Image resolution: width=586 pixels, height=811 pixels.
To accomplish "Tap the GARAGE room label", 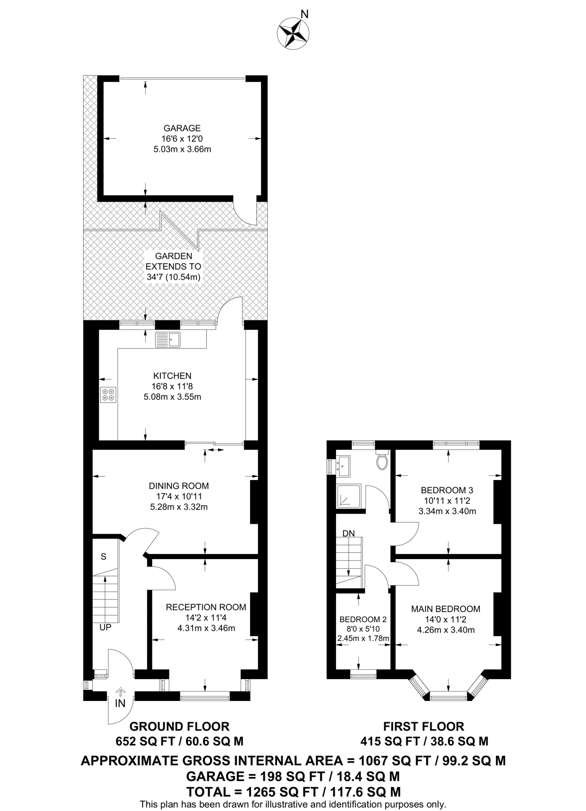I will click(x=182, y=128).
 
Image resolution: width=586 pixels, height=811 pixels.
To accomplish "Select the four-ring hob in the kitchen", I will click(x=108, y=394).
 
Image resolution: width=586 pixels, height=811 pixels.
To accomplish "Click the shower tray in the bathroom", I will click(x=348, y=496).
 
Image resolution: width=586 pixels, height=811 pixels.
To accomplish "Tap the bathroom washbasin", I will click(x=343, y=466).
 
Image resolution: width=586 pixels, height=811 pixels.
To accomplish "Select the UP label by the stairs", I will click(x=105, y=627).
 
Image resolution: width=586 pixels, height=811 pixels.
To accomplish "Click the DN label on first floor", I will click(x=349, y=533).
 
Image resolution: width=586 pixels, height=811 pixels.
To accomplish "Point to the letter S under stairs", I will click(x=103, y=556).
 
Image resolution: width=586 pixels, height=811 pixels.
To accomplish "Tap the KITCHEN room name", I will click(x=172, y=375).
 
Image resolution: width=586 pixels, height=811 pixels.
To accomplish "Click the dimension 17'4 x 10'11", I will click(x=179, y=496).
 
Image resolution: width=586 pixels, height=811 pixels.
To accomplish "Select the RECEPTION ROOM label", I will click(x=206, y=607).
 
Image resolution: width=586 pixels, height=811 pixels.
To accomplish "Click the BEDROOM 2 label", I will click(x=363, y=619).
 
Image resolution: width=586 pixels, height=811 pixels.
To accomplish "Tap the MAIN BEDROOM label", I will click(x=445, y=609).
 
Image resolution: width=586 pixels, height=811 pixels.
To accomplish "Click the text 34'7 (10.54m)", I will click(x=173, y=277).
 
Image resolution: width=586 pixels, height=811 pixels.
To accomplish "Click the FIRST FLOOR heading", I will click(x=424, y=726).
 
